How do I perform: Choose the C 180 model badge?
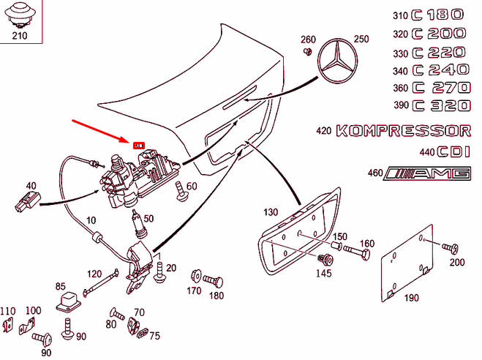tap(438, 15)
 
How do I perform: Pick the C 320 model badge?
tap(438, 105)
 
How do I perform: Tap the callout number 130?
tap(271, 212)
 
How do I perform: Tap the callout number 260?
tap(309, 39)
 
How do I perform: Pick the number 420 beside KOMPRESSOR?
tap(324, 132)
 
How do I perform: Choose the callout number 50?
tap(148, 218)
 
